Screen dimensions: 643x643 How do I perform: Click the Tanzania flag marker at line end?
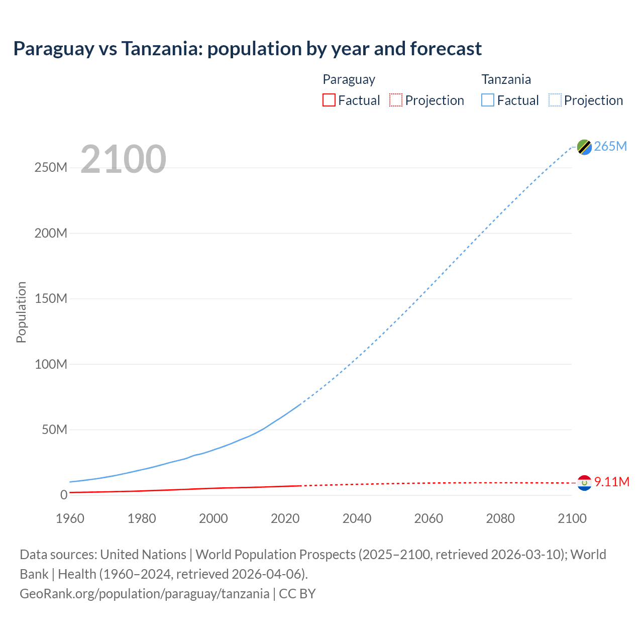(x=584, y=147)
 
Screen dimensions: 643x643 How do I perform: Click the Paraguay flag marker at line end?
(x=584, y=483)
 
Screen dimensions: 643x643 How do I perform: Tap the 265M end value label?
(x=610, y=146)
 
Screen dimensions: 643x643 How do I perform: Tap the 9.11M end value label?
(x=611, y=482)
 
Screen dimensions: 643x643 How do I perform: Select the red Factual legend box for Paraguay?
(x=329, y=100)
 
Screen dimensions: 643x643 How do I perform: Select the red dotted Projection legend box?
(x=396, y=100)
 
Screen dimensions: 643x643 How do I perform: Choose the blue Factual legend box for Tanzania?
(x=487, y=100)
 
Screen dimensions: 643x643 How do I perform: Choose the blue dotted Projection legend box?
(x=555, y=100)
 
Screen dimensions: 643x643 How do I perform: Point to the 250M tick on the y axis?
(x=51, y=167)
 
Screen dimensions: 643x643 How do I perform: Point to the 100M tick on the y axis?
(x=51, y=364)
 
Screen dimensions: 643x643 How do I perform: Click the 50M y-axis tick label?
(x=54, y=430)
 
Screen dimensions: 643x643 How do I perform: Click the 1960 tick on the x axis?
(x=70, y=518)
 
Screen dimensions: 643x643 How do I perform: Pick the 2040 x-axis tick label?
(x=357, y=518)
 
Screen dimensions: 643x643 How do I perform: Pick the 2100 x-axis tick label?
(x=572, y=518)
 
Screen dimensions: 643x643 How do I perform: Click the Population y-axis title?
(x=21, y=312)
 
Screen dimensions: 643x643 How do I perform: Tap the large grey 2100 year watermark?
(x=123, y=159)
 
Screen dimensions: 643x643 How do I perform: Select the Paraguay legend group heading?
(x=349, y=79)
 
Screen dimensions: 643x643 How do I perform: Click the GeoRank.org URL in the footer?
(x=145, y=594)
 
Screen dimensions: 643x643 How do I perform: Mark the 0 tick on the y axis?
(x=63, y=495)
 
